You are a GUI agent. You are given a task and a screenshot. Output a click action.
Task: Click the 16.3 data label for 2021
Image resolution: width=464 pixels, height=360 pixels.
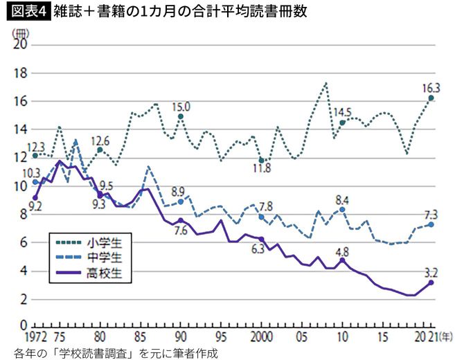(x=430, y=87)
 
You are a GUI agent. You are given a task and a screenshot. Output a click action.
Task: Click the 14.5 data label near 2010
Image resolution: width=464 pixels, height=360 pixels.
(x=343, y=111)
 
